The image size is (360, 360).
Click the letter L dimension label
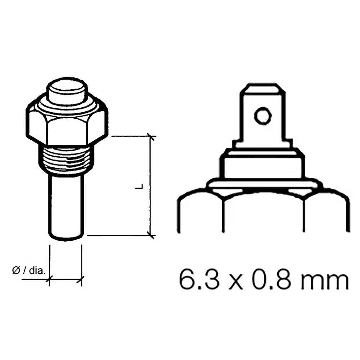point(141,186)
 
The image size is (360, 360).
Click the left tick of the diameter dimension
point(49,278)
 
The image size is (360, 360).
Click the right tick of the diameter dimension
point(82,278)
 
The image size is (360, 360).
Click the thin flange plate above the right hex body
point(262,185)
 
